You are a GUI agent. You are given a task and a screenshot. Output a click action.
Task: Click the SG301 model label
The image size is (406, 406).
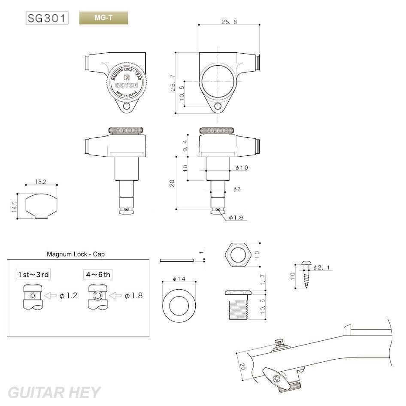point(47,18)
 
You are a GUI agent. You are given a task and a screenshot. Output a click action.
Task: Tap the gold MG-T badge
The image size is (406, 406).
point(103,18)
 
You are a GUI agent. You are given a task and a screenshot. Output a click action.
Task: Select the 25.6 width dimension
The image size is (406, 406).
point(229,22)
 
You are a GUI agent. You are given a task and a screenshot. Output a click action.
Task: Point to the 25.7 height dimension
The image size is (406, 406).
point(173,83)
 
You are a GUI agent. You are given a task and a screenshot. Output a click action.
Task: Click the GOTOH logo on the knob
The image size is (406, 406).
point(126,85)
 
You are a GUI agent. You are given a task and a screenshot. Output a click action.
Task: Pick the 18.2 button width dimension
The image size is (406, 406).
point(41,182)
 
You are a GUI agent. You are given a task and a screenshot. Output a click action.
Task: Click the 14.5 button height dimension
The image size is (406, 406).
point(14,206)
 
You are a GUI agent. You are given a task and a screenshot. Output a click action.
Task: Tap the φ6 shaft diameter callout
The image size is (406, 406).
point(237,189)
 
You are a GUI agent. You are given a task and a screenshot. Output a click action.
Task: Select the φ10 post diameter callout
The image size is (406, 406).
point(242,167)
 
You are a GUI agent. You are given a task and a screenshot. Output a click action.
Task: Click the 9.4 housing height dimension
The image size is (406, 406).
point(185,146)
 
